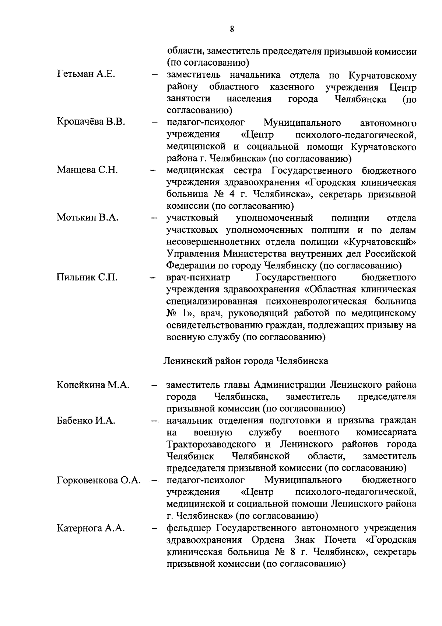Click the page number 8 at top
click(x=232, y=29)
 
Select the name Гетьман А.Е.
click(x=86, y=75)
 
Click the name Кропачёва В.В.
click(x=91, y=122)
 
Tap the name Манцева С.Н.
click(x=87, y=170)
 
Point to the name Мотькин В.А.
click(x=88, y=218)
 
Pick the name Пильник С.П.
click(x=87, y=278)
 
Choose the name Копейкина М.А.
click(x=93, y=385)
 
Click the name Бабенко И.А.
click(x=86, y=421)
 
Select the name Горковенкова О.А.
click(x=99, y=480)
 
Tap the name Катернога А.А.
click(x=90, y=528)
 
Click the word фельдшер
click(x=189, y=528)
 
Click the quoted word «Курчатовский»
click(x=379, y=242)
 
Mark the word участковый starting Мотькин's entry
click(x=192, y=218)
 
